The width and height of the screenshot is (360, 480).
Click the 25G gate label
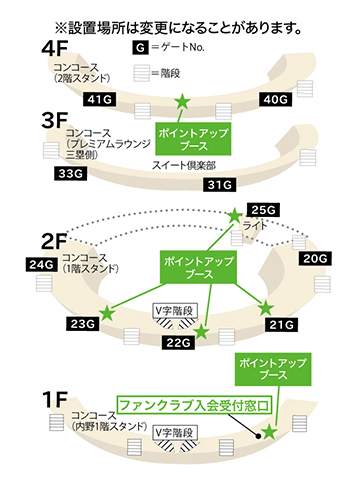click(x=262, y=210)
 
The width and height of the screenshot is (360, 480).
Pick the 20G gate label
click(x=315, y=258)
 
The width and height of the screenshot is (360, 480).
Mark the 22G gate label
click(x=177, y=343)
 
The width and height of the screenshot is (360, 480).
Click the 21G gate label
click(x=282, y=323)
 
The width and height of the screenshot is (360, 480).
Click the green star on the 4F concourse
click(x=181, y=102)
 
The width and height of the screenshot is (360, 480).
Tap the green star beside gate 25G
click(x=234, y=215)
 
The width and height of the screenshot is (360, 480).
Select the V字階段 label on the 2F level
click(x=173, y=309)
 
